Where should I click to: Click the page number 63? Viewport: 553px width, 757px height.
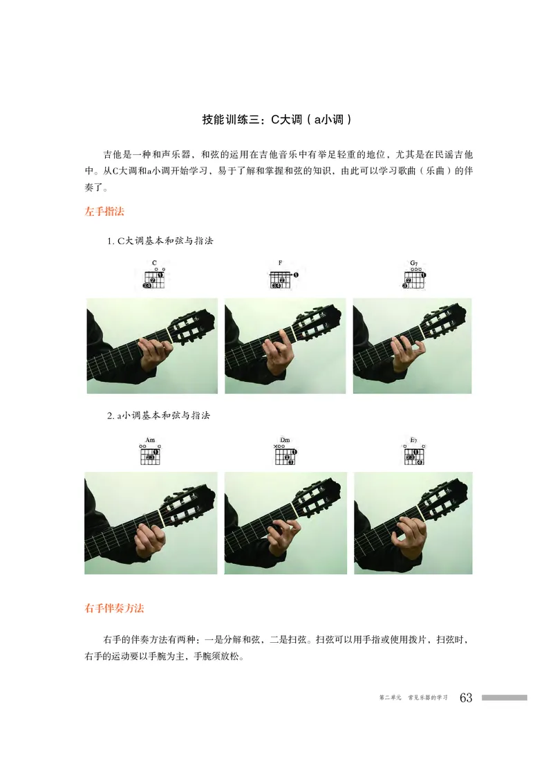coord(465,697)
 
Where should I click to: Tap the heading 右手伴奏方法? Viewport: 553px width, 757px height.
coord(114,609)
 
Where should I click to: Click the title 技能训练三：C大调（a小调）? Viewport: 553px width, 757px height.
coord(276,119)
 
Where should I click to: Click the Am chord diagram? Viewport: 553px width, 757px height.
coord(151,454)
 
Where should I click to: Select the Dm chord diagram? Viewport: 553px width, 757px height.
coord(285,454)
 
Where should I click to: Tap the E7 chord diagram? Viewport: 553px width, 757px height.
coord(414,454)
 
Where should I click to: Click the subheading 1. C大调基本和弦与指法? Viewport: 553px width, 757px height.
coord(160,241)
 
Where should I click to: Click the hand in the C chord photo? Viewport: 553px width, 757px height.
coord(153,353)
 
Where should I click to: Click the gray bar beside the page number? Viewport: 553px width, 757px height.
coord(504,697)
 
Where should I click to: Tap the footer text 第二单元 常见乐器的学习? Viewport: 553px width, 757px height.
coord(414,698)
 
